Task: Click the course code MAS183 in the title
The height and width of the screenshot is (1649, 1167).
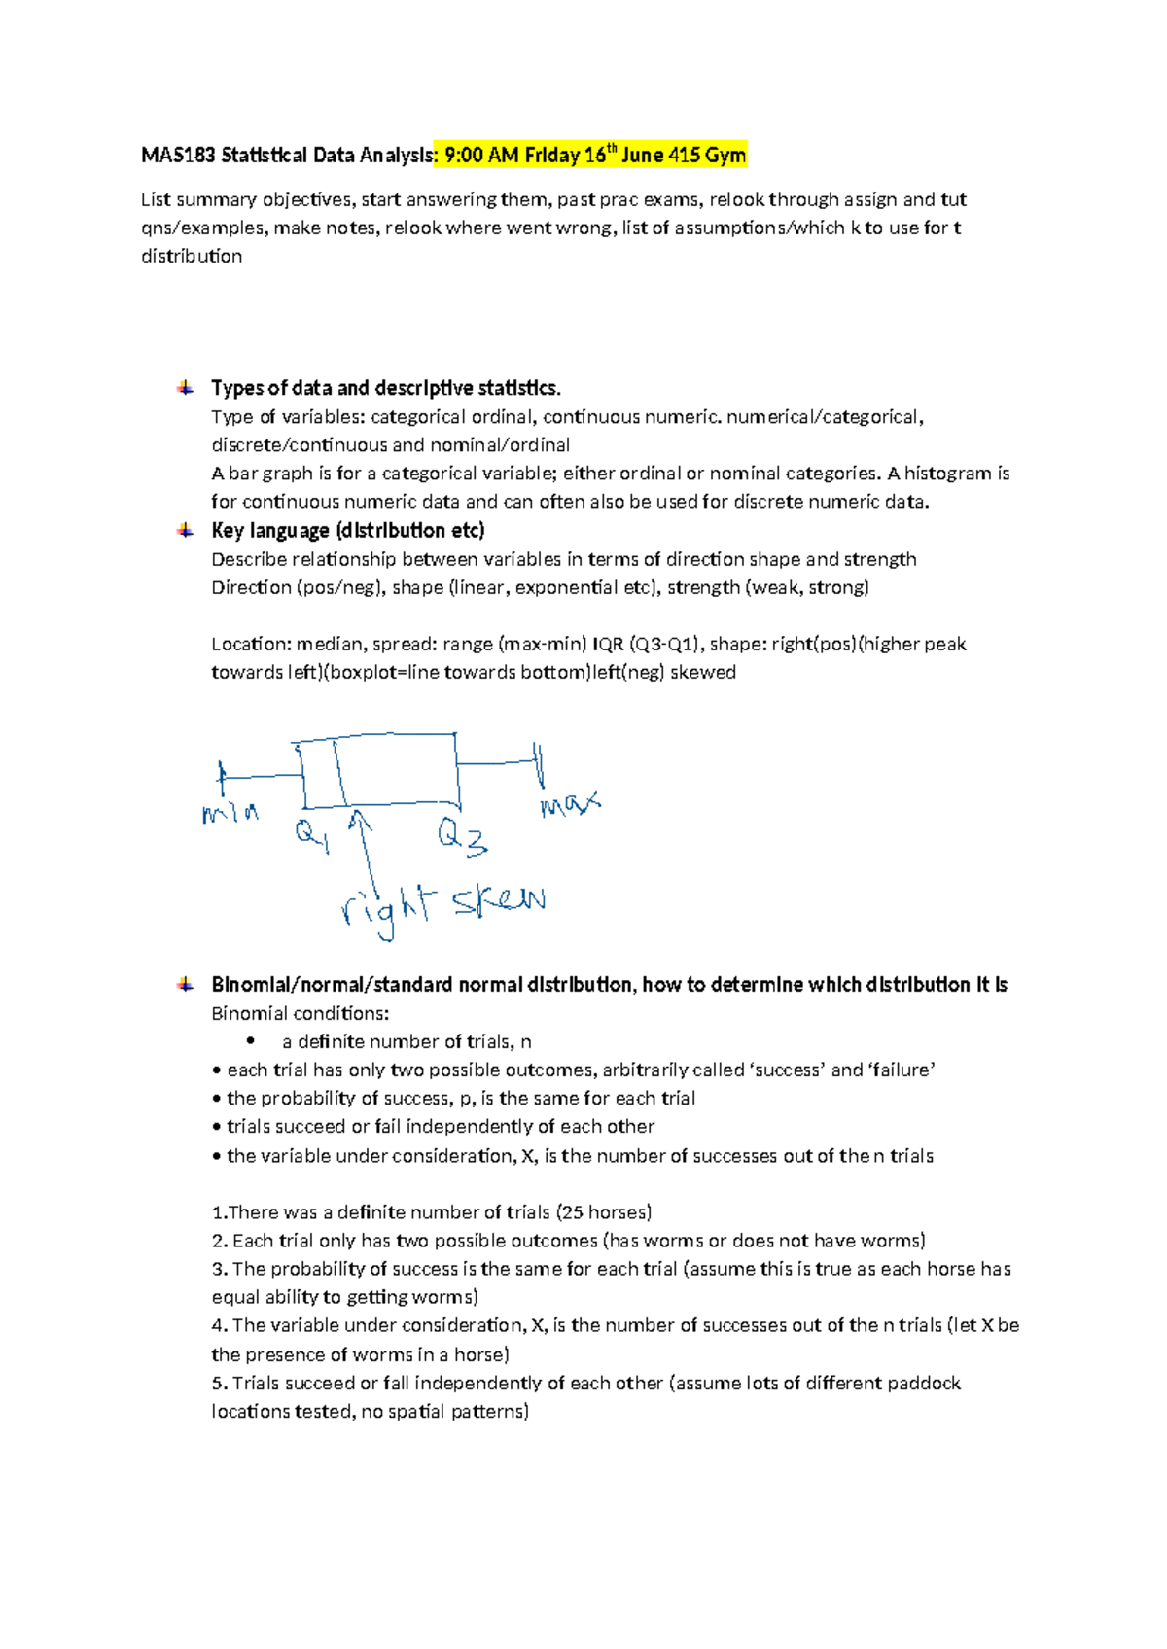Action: click(x=178, y=156)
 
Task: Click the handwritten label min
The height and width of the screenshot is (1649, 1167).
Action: click(x=230, y=812)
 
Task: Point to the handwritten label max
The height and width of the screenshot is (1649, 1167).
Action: click(x=570, y=804)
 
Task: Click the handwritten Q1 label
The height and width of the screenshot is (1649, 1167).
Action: click(x=312, y=835)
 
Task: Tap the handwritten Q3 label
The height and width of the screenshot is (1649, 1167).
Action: click(x=461, y=837)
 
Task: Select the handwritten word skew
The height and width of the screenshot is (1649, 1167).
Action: click(x=498, y=901)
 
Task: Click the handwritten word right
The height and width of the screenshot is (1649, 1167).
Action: click(x=385, y=909)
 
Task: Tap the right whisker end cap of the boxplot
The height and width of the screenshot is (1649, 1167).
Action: click(x=538, y=765)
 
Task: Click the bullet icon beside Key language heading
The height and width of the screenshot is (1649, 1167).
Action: click(x=185, y=530)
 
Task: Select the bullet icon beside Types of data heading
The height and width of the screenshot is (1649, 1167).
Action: click(x=185, y=388)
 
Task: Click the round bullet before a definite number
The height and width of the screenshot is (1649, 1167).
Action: click(x=251, y=1041)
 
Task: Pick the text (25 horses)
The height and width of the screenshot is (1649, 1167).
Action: click(x=604, y=1212)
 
